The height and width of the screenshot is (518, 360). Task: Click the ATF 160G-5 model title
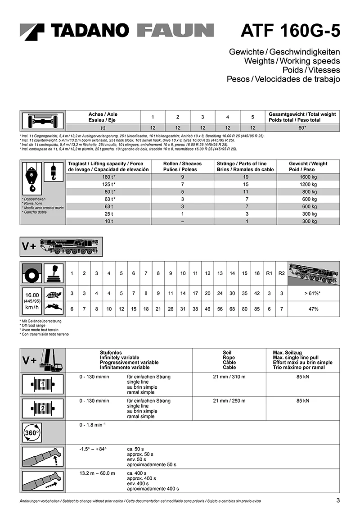(x=290, y=31)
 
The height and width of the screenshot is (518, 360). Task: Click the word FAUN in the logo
(x=175, y=31)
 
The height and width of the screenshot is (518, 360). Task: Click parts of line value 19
(x=246, y=177)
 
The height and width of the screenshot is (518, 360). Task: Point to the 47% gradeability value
(x=313, y=309)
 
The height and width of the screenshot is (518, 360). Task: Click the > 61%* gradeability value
(x=313, y=294)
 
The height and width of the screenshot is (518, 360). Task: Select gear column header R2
(x=281, y=273)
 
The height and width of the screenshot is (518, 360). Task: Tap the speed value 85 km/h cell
(x=257, y=309)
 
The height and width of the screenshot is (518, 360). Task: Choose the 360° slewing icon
(x=32, y=433)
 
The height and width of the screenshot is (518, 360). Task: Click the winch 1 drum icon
(x=43, y=384)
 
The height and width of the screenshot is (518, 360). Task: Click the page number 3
(x=337, y=500)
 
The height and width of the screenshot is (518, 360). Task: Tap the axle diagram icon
(x=43, y=121)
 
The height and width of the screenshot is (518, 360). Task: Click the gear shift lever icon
(x=54, y=273)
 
